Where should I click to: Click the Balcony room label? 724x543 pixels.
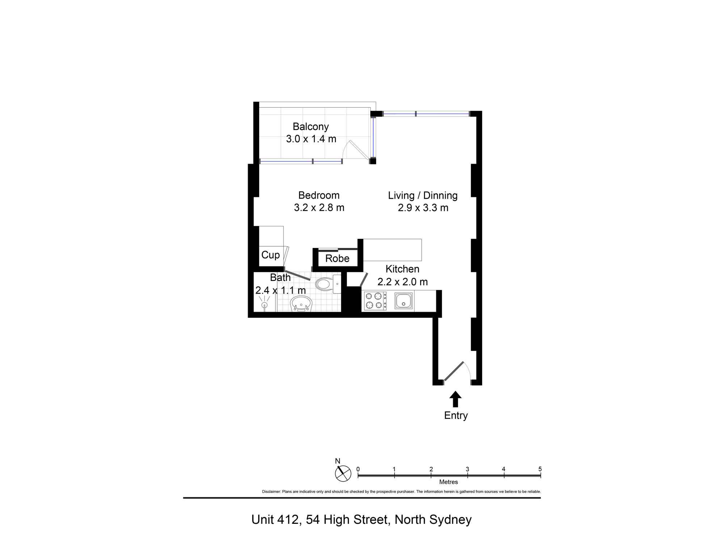311,127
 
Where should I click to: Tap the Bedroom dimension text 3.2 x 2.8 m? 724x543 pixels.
319,208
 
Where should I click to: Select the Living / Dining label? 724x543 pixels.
423,195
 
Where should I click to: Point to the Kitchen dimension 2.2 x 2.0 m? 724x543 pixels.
403,282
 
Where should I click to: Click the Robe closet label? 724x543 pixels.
337,258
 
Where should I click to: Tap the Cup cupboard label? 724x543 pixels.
270,255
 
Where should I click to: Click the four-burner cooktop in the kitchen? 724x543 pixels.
375,301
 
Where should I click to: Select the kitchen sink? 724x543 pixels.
404,300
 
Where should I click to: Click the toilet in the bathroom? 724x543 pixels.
328,284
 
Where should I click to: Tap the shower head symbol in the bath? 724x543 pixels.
265,303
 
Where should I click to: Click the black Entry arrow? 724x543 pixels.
455,399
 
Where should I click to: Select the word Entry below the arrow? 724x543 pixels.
456,416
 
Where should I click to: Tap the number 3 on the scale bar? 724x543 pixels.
467,469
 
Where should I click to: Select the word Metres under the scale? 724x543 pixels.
449,482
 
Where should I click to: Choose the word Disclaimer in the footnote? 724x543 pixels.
271,492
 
